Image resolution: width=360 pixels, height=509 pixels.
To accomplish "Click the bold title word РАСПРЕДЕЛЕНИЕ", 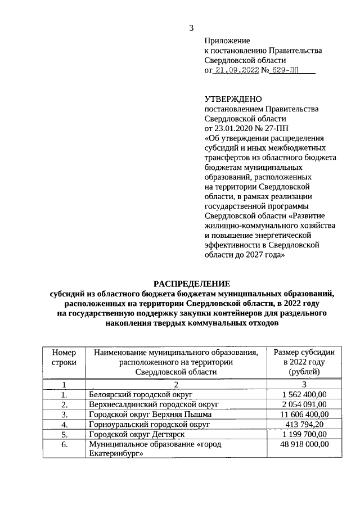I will coord(192,283).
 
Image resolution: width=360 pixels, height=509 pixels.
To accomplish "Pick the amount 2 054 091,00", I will coord(304,404).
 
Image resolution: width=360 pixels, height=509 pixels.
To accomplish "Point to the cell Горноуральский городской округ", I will coord(149,424).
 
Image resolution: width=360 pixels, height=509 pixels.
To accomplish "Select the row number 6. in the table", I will coord(64,444).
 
